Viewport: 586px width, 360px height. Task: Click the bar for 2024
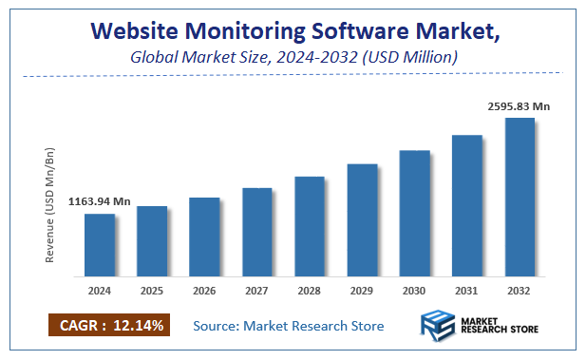[100, 245]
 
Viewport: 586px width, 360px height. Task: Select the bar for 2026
[204, 237]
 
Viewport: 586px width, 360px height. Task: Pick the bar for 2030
[415, 213]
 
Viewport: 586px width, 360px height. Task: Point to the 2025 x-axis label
[152, 292]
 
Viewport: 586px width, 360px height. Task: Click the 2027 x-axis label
[256, 292]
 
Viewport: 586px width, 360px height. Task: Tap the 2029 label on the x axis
[362, 292]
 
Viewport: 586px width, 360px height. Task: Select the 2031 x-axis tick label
[467, 292]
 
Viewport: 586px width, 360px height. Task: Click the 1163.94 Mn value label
[99, 201]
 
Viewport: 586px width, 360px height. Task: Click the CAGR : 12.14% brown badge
[106, 326]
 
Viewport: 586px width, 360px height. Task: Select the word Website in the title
[161, 31]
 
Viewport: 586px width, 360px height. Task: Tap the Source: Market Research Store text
[288, 326]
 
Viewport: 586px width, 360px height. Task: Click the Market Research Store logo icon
[438, 325]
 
